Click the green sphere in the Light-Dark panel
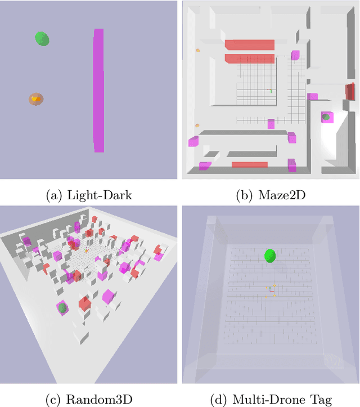click(42, 38)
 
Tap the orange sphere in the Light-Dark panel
click(37, 100)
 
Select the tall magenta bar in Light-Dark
click(98, 90)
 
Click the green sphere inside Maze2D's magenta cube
click(325, 117)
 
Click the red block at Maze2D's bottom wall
click(249, 164)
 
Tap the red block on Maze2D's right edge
click(350, 91)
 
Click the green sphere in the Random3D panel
click(63, 307)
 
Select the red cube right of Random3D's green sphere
click(84, 304)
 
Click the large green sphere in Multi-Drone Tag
click(271, 256)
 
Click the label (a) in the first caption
click(55, 195)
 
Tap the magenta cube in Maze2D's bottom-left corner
click(205, 166)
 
